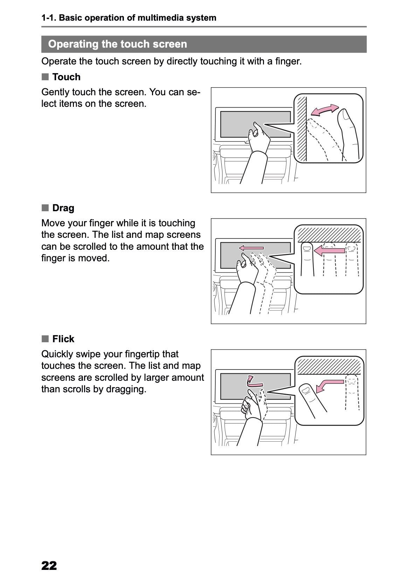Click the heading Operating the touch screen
[118, 44]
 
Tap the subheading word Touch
[67, 77]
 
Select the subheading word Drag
[63, 208]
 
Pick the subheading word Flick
[63, 339]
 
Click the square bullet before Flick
[45, 339]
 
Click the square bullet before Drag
[45, 208]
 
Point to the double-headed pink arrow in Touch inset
[325, 110]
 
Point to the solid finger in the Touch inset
[347, 135]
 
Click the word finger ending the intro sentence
[288, 62]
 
